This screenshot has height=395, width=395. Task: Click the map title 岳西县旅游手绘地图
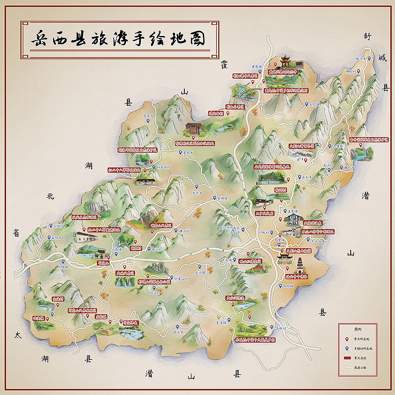(x=118, y=39)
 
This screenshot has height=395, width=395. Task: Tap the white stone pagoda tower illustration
(x=300, y=265)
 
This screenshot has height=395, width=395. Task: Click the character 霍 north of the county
(x=224, y=65)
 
